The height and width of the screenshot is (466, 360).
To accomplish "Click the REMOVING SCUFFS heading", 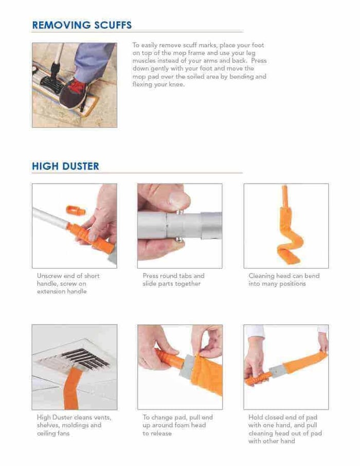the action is pyautogui.click(x=82, y=25).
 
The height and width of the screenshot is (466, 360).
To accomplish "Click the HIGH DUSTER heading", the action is pyautogui.click(x=65, y=166).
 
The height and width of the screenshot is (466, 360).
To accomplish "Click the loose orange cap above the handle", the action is pyautogui.click(x=76, y=210).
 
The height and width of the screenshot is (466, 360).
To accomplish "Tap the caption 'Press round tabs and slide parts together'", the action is pyautogui.click(x=174, y=280).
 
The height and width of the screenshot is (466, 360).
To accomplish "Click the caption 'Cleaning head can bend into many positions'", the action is pyautogui.click(x=284, y=280).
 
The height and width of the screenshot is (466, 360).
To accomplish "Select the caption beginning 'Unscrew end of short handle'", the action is pyautogui.click(x=68, y=283).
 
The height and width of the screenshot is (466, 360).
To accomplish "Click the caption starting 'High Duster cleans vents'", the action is pyautogui.click(x=74, y=425).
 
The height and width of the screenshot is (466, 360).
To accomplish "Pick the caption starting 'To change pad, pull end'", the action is pyautogui.click(x=177, y=425).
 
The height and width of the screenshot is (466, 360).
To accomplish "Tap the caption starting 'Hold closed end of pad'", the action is pyautogui.click(x=285, y=429).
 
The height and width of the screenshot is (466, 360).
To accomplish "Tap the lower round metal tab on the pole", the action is pyautogui.click(x=179, y=240).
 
